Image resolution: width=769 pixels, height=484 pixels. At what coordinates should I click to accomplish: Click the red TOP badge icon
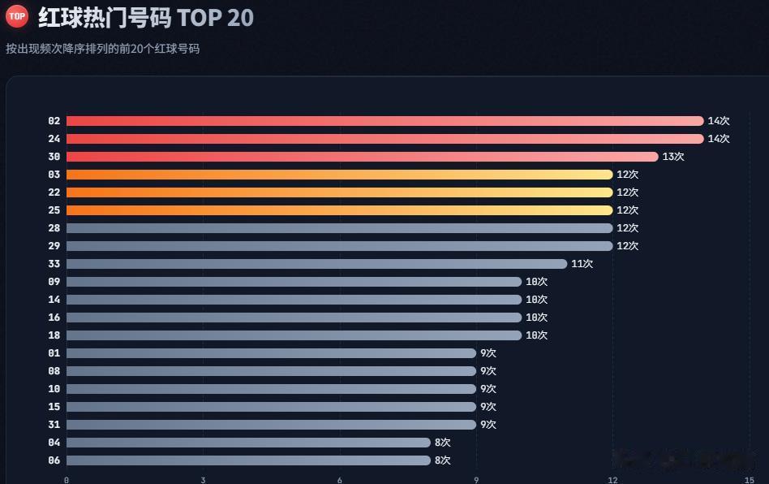[17, 15]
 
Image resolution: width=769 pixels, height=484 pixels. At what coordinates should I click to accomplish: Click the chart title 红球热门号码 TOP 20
[146, 18]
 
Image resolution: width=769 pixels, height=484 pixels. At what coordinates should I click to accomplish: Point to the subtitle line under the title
[102, 49]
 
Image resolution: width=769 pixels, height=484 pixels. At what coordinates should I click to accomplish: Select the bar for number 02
[385, 121]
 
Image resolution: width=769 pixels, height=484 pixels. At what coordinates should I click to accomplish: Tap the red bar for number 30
[363, 157]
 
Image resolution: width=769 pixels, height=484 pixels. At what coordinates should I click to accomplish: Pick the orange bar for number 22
[339, 192]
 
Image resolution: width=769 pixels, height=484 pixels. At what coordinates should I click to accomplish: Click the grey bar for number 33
[317, 264]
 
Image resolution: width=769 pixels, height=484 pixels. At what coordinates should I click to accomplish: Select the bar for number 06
[249, 460]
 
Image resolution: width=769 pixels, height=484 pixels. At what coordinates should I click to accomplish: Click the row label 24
[54, 139]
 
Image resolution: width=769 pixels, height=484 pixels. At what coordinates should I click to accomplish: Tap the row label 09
[54, 282]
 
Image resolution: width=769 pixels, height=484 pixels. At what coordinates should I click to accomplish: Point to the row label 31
[54, 425]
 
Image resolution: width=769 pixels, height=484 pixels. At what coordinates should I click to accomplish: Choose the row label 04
[54, 443]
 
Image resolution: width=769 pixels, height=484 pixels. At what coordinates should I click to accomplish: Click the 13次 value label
[673, 157]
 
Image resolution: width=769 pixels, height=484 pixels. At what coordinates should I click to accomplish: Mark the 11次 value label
[582, 264]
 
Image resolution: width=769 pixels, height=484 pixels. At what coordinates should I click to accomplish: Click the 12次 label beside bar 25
[627, 210]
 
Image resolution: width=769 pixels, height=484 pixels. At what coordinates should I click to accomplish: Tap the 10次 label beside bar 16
[536, 318]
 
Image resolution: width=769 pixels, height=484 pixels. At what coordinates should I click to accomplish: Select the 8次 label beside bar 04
[442, 443]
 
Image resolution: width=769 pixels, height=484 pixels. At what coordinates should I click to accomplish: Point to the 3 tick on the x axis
[203, 480]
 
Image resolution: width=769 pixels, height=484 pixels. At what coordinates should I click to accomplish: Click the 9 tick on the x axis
[476, 480]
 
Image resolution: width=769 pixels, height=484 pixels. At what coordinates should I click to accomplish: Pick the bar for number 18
[294, 335]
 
